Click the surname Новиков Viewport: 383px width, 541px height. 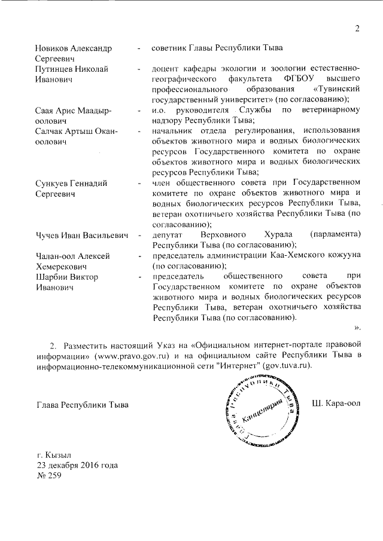click(x=55, y=48)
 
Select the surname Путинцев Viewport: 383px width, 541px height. click(x=57, y=69)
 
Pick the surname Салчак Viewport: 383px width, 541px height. click(x=54, y=131)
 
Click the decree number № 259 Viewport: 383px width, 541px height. click(x=48, y=476)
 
